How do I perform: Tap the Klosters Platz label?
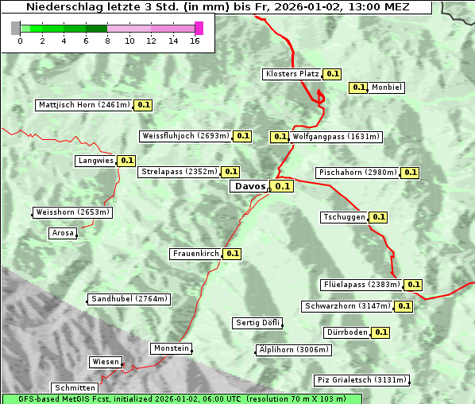pos(292,74)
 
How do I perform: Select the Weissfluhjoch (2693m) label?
pos(186,136)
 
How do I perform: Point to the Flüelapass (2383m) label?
pos(361,285)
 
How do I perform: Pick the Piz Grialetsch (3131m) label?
pos(361,380)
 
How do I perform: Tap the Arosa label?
pos(63,233)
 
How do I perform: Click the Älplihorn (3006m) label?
pos(294,350)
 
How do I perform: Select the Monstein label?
pos(172,348)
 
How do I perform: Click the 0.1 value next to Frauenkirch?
pos(232,254)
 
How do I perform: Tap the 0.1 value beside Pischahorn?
pos(410,173)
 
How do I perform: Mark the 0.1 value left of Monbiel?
pos(358,87)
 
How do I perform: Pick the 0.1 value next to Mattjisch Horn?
pos(143,105)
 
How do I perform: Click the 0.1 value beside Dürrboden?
pos(381,332)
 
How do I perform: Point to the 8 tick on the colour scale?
pos(107,41)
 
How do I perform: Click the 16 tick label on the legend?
pos(195,41)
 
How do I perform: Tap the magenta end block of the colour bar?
pos(199,28)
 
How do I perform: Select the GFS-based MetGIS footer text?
pos(181,398)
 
